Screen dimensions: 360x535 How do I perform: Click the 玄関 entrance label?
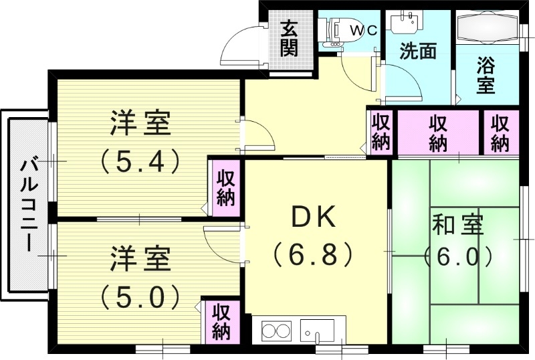tap(289, 38)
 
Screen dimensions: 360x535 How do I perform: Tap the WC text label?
tap(365, 30)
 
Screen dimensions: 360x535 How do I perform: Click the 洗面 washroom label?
tap(418, 52)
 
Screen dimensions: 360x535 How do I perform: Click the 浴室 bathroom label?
tap(486, 76)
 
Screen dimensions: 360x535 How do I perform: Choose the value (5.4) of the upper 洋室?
tap(140, 160)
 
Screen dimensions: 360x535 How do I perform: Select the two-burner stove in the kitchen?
tap(276, 331)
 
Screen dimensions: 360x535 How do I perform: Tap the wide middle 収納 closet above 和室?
tap(438, 133)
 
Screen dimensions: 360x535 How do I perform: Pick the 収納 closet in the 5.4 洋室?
tap(225, 188)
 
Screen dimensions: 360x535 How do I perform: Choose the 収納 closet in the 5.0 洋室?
tap(221, 321)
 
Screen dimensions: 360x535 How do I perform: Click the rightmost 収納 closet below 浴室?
tap(500, 133)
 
